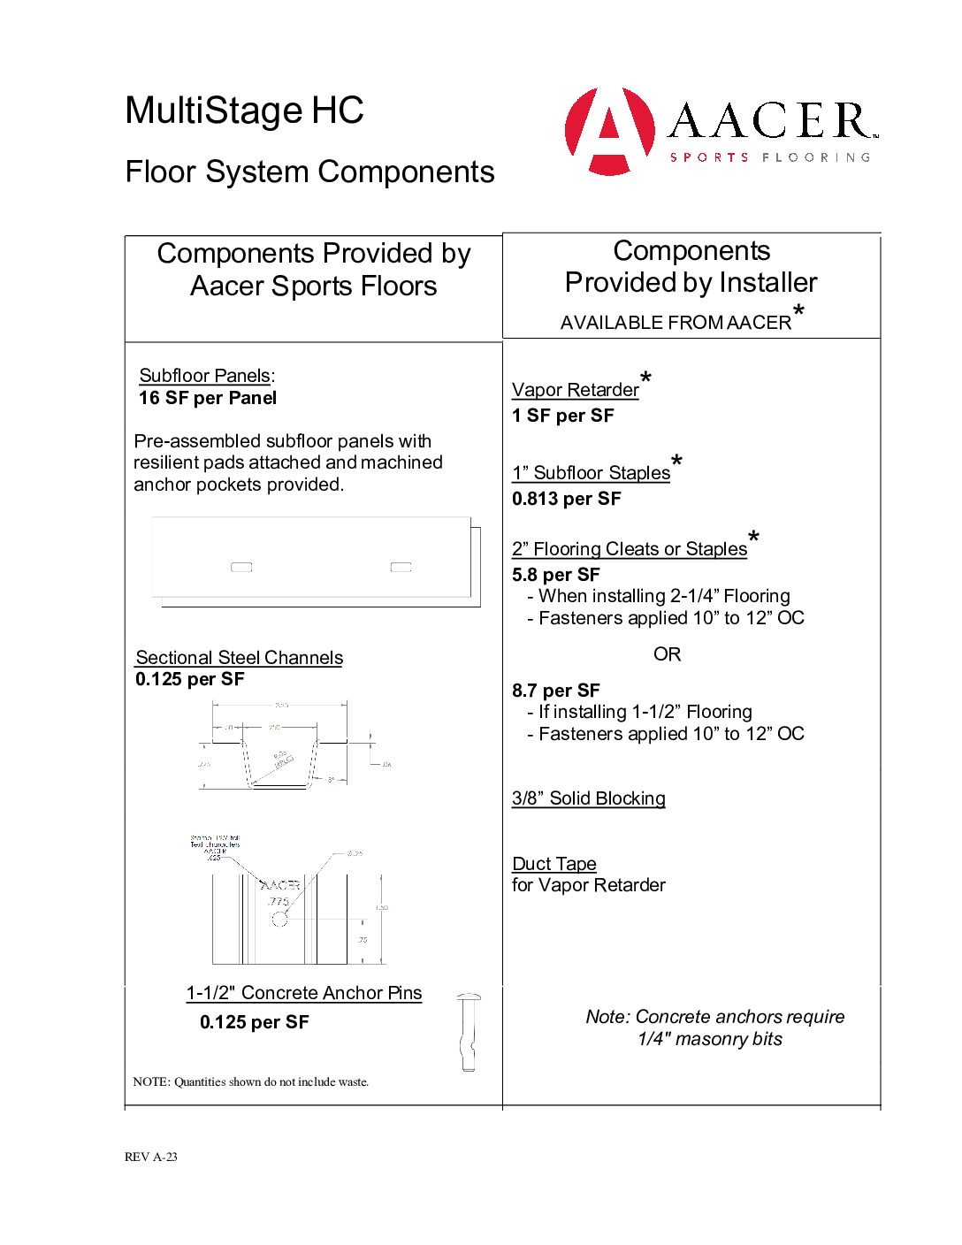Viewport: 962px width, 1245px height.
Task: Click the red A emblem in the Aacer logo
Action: (610, 130)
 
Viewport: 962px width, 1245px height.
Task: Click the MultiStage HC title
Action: (244, 111)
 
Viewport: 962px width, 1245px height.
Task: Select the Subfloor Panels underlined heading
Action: (205, 376)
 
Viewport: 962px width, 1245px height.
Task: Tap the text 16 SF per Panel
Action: (208, 398)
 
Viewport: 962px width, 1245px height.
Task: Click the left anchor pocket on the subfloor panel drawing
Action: (241, 567)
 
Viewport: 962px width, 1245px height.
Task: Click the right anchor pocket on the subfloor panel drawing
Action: (401, 567)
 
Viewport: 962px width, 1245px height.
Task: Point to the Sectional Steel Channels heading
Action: (239, 658)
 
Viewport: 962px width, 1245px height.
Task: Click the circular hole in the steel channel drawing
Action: (279, 919)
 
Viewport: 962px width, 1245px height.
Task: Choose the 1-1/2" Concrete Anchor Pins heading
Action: (304, 993)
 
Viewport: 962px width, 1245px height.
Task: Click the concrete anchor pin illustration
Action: (469, 1032)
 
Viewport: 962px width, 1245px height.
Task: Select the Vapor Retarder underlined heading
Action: (576, 390)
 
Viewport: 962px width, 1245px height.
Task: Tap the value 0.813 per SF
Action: (567, 499)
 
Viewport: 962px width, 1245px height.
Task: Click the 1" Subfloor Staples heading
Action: (592, 473)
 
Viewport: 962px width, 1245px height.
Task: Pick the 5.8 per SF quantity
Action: (556, 575)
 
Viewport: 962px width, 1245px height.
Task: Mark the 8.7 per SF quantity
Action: (556, 691)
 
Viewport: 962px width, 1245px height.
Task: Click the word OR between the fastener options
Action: (668, 654)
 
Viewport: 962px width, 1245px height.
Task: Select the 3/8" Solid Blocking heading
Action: (589, 798)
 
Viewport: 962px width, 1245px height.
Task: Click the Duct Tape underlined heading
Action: (554, 864)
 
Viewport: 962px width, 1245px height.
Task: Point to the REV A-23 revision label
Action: (151, 1157)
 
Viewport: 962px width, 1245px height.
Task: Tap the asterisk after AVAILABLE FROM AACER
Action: (799, 310)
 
